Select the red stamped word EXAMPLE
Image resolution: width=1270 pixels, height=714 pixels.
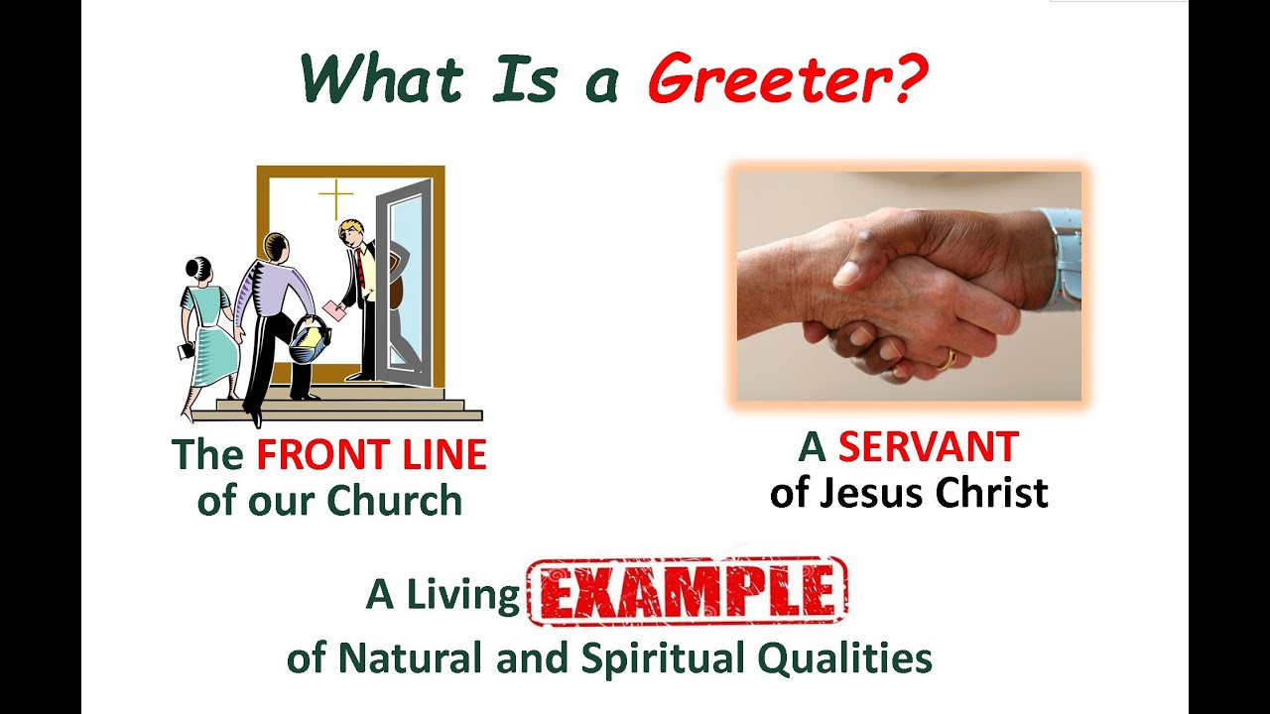(x=687, y=592)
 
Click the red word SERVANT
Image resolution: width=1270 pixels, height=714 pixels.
(x=928, y=448)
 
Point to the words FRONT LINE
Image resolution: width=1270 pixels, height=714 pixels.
(x=371, y=455)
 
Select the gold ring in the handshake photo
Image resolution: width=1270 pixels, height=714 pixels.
(x=948, y=358)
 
